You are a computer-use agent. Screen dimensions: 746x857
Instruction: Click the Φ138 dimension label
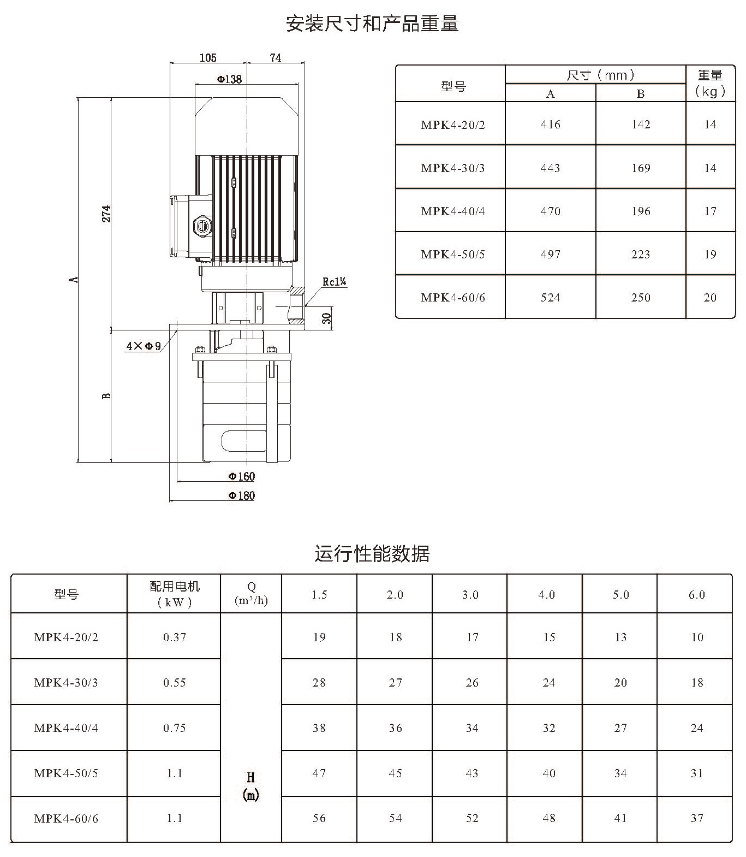pos(229,79)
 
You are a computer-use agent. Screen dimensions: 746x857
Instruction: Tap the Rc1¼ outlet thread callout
pos(335,282)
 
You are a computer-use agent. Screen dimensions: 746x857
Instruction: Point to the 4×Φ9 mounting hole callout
pos(144,346)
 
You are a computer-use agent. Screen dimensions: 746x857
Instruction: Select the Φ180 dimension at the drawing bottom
pos(242,495)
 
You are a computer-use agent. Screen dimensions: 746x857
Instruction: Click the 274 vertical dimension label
pos(106,214)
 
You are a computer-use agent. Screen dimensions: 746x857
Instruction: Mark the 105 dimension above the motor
pos(208,57)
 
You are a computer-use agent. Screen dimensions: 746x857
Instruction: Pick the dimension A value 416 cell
pos(550,125)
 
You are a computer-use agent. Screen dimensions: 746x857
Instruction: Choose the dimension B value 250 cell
pos(641,298)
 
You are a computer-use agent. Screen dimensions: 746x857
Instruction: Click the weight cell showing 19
pos(709,254)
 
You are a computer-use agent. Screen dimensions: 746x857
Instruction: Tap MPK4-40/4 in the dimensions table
pos(453,211)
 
